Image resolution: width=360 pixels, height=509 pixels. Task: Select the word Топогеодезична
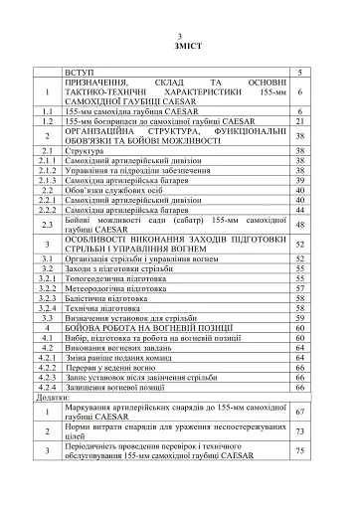99,279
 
